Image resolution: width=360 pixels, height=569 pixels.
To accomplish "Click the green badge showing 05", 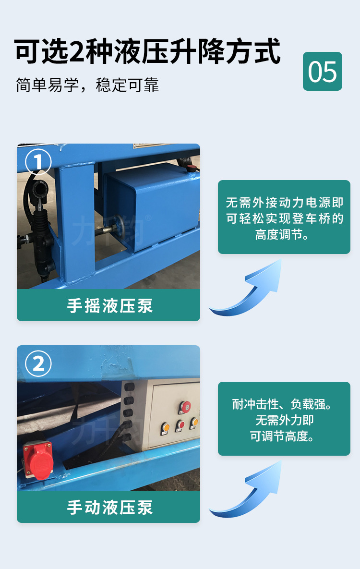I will point(322,71).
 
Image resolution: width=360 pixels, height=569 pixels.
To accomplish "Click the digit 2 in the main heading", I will point(77,51).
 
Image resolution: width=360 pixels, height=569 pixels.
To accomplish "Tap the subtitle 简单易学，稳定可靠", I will point(87,85).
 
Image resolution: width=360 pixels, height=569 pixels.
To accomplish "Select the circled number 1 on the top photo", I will point(38,162).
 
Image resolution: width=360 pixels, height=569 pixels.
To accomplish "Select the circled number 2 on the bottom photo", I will point(38,363).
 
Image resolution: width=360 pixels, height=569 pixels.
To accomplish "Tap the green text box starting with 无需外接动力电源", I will point(284,217).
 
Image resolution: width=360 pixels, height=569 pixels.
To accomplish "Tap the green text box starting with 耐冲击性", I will point(284,419).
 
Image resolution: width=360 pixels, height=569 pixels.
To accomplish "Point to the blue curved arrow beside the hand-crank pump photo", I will point(250,291).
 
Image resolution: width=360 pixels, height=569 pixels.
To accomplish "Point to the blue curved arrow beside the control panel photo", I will point(250,492).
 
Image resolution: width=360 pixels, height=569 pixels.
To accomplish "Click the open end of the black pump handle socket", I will point(39,191).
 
